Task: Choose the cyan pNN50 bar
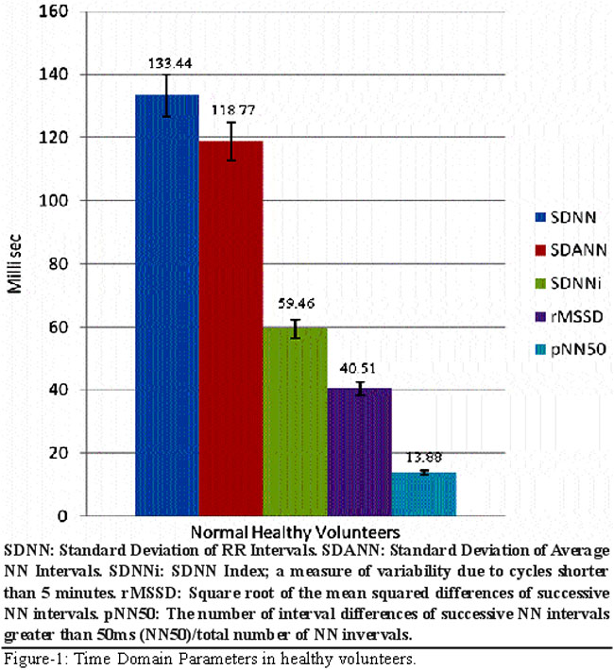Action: pos(423,493)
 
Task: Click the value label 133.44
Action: pos(167,64)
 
